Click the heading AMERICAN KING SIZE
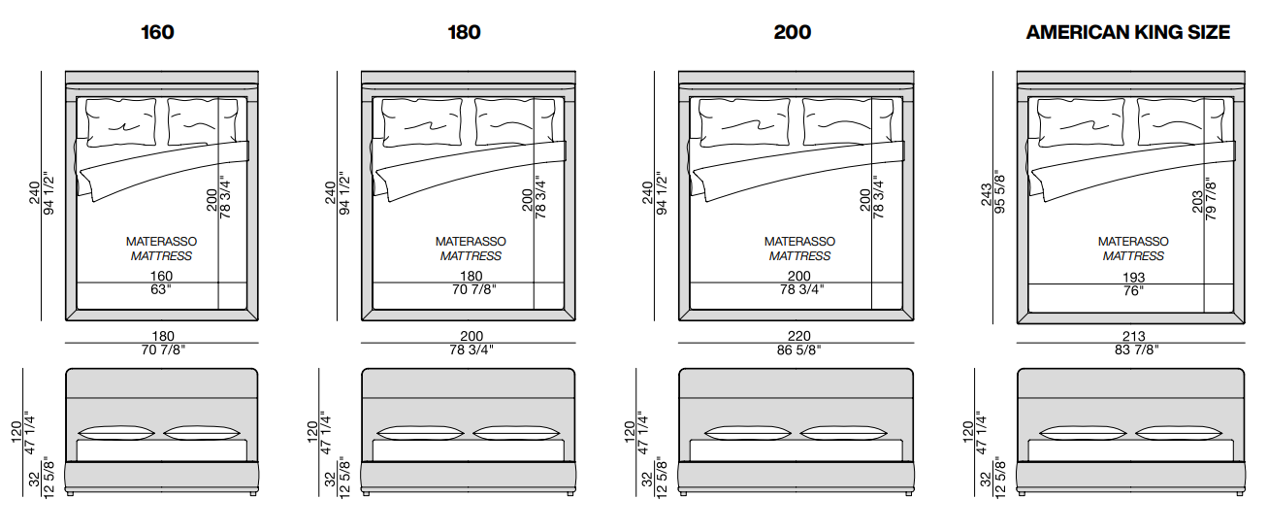coord(1128,32)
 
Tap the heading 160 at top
coord(157,32)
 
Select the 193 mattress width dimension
coord(1133,277)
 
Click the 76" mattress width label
coord(1133,290)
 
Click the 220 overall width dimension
coord(795,337)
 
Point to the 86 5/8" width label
coord(795,350)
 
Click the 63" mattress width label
coord(160,290)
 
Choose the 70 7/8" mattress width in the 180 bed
coord(471,290)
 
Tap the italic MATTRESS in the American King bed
coord(1133,256)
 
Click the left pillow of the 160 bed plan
coord(122,122)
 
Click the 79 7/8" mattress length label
coord(1211,199)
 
